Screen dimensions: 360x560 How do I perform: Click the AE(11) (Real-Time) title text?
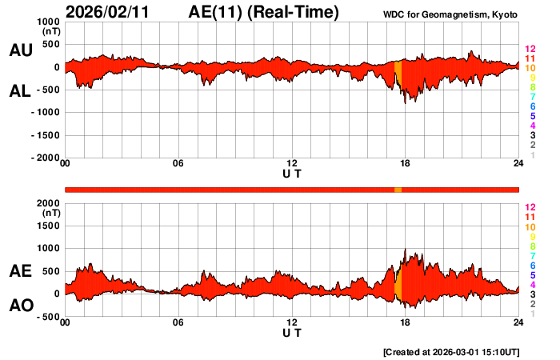coord(263,12)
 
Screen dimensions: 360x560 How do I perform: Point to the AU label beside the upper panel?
coord(20,50)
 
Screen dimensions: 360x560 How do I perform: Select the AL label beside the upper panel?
coord(20,91)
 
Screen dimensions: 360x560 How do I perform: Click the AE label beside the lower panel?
coord(20,271)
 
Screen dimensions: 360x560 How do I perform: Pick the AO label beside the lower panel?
coord(20,306)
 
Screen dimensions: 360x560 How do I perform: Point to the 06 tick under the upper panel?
coord(178,164)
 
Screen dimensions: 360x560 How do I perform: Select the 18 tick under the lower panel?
coord(405,322)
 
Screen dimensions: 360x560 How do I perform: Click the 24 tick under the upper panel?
coord(518,164)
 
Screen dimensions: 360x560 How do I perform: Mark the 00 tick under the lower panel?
coord(66,322)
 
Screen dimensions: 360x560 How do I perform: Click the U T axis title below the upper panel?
coord(292,174)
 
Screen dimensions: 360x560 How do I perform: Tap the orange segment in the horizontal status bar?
coord(398,189)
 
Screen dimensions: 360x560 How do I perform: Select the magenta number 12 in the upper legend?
coord(530,49)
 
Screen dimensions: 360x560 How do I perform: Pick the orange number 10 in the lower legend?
coord(530,226)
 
